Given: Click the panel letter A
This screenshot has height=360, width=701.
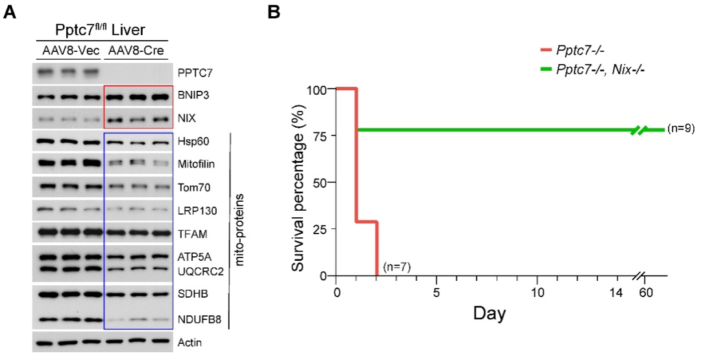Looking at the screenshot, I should click(x=10, y=12).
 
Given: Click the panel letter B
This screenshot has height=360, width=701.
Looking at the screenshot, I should click(x=275, y=12).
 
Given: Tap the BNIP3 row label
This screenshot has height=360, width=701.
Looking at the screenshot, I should click(x=192, y=95).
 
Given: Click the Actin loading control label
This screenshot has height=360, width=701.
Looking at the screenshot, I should click(x=190, y=342).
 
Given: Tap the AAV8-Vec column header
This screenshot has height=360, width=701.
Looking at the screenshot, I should click(x=67, y=51).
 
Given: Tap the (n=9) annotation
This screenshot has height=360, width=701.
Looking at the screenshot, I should click(x=681, y=129).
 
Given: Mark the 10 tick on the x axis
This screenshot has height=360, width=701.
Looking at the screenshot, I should click(x=536, y=293).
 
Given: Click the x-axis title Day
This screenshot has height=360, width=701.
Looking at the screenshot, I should click(x=489, y=314).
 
